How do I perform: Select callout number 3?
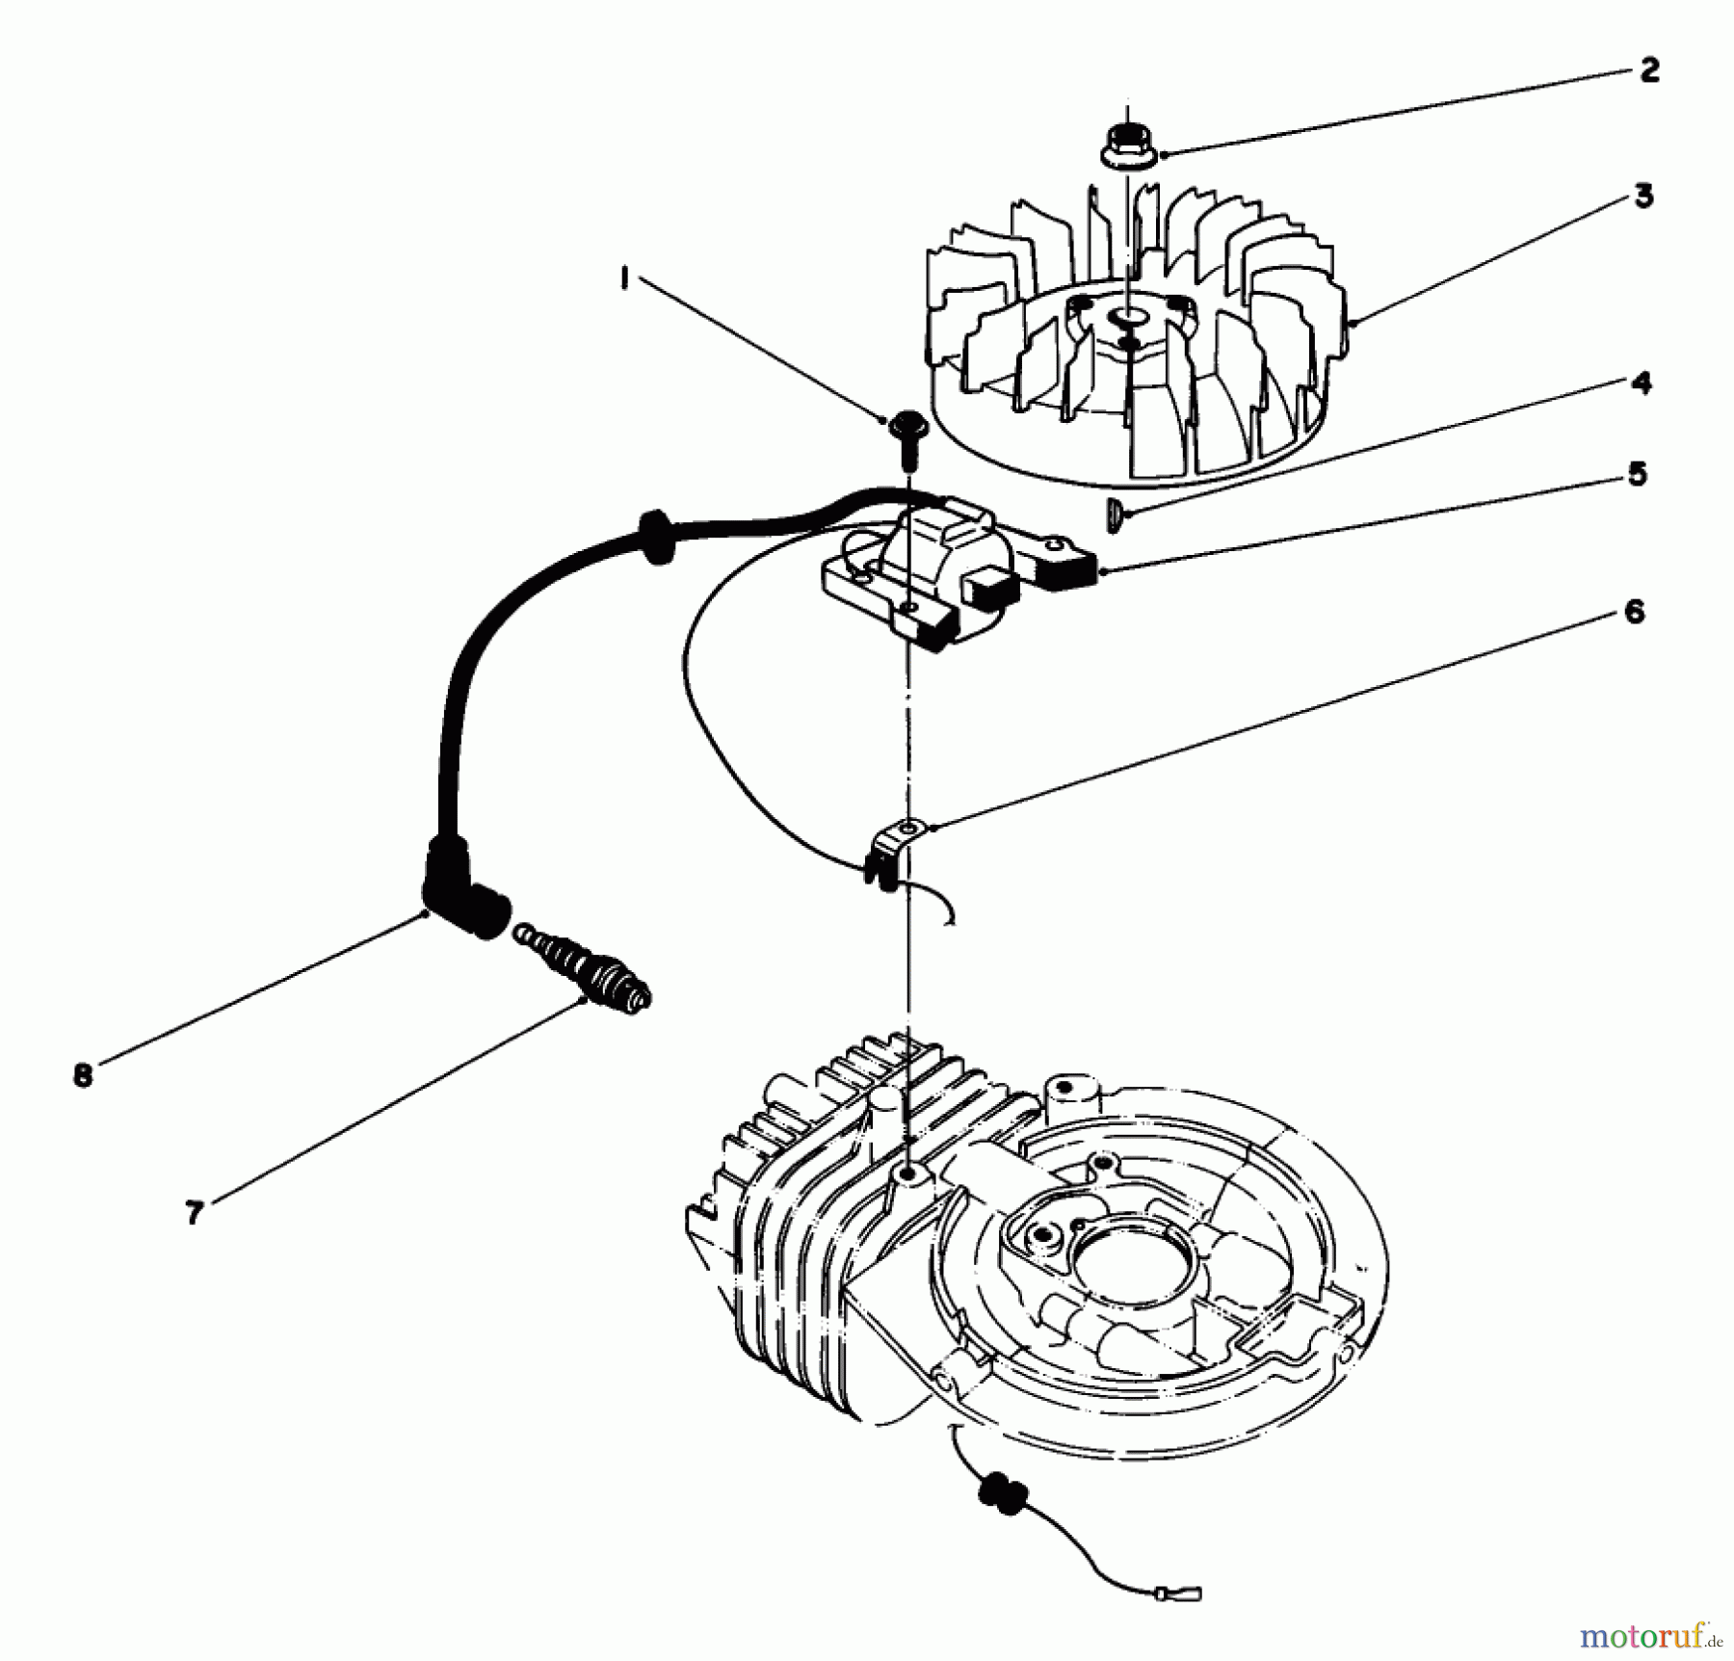pyautogui.click(x=1644, y=197)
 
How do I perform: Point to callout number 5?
pyautogui.click(x=1637, y=474)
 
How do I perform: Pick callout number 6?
pyautogui.click(x=1634, y=613)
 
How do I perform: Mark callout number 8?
pyautogui.click(x=83, y=1075)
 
